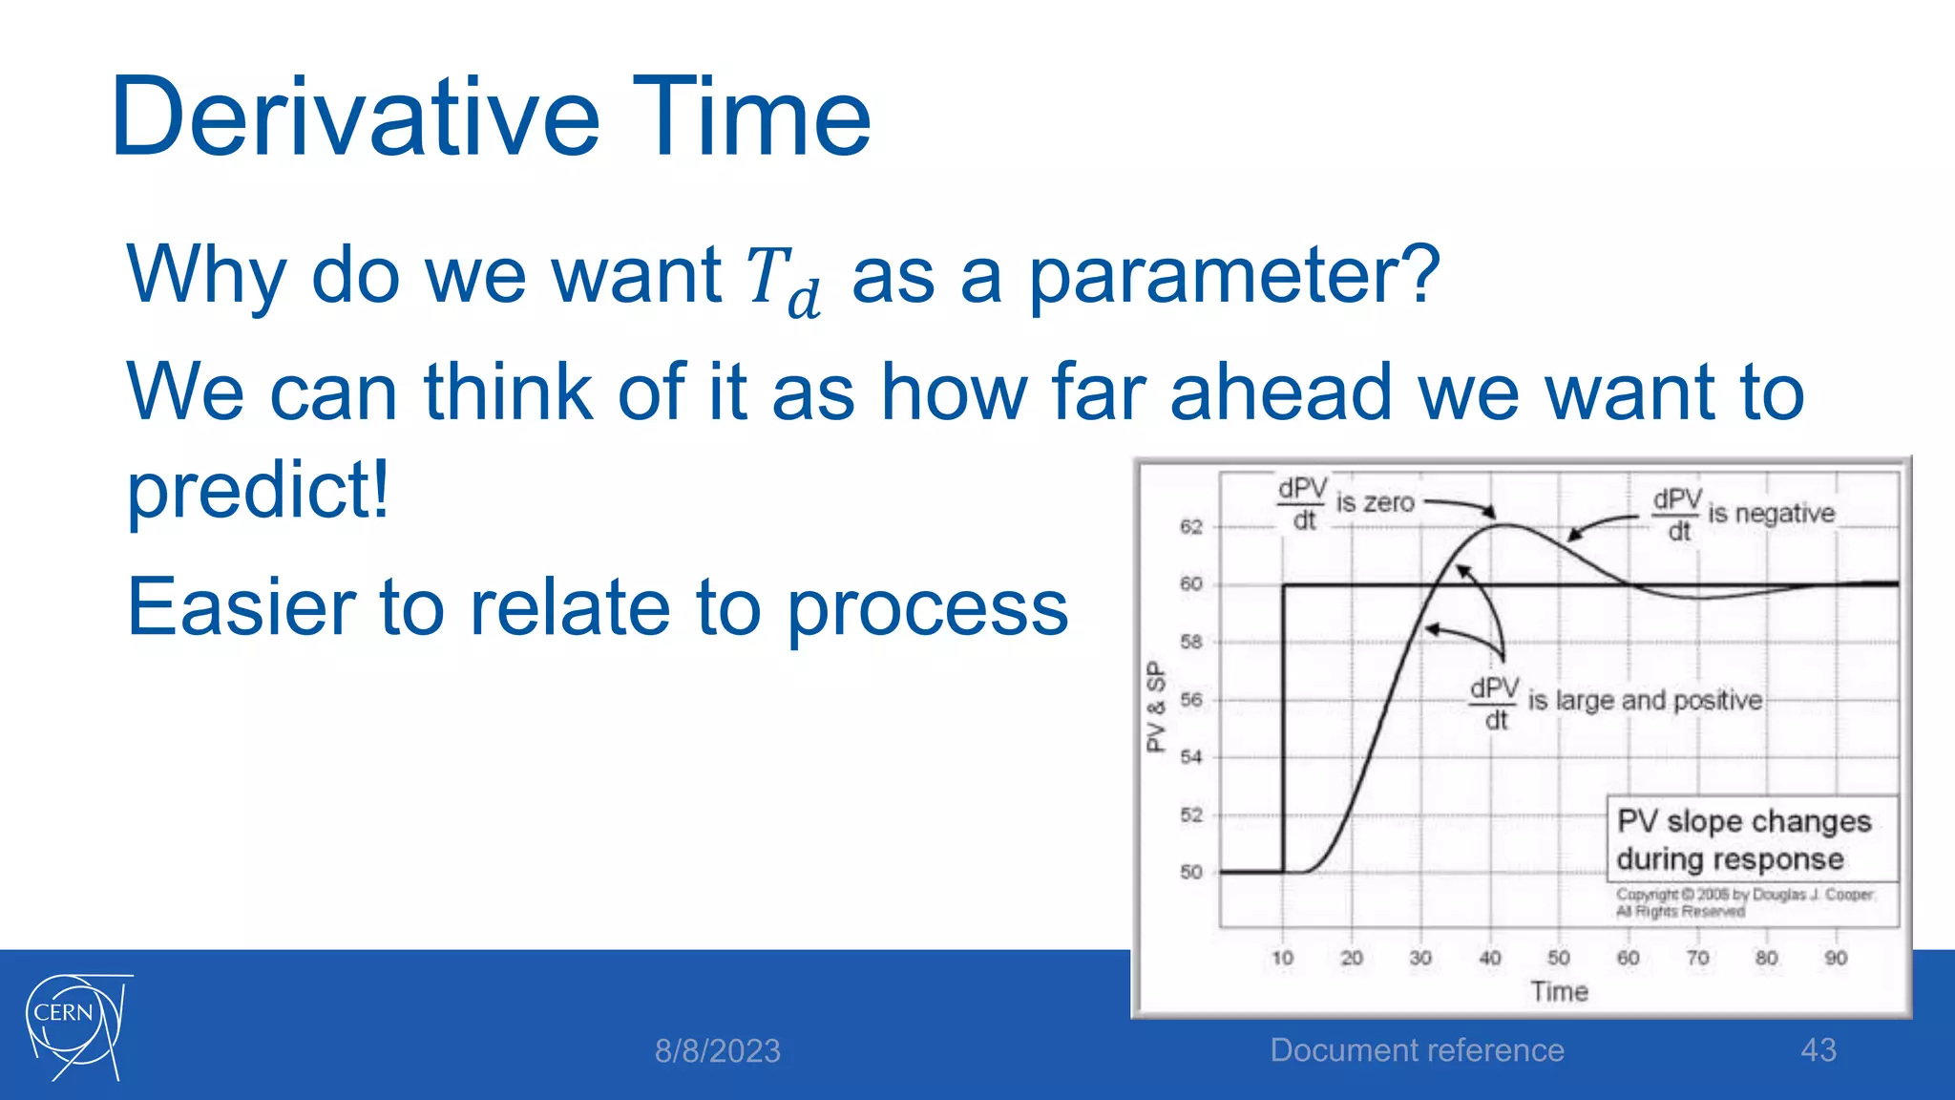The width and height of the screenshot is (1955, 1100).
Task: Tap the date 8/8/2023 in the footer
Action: pyautogui.click(x=717, y=1051)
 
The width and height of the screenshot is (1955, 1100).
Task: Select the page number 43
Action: pyautogui.click(x=1818, y=1050)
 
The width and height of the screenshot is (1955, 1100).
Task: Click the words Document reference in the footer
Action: pyautogui.click(x=1417, y=1050)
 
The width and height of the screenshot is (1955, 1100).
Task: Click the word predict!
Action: pyautogui.click(x=258, y=489)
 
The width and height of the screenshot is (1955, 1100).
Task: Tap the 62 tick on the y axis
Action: pyautogui.click(x=1190, y=527)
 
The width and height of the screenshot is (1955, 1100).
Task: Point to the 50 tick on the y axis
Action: pyautogui.click(x=1190, y=872)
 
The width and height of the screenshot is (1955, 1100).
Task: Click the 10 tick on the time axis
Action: pyautogui.click(x=1282, y=958)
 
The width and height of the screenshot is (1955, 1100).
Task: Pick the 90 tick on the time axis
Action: pyautogui.click(x=1835, y=958)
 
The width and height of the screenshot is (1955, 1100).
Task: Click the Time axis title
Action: pyautogui.click(x=1559, y=992)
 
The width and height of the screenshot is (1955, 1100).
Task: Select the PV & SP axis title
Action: pyautogui.click(x=1156, y=707)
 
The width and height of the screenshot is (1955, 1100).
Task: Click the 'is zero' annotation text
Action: pyautogui.click(x=1375, y=502)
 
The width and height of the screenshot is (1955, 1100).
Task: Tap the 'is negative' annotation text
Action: pyautogui.click(x=1771, y=514)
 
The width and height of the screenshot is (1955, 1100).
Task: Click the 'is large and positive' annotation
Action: pyautogui.click(x=1644, y=700)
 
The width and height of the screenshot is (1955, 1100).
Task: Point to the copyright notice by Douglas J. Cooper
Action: pyautogui.click(x=1743, y=902)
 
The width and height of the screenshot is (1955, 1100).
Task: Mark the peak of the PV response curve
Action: pyautogui.click(x=1505, y=525)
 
